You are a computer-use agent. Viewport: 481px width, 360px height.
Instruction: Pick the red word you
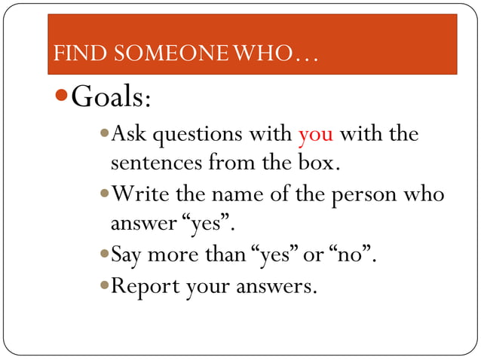click(316, 136)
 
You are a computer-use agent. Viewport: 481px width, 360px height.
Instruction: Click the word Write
click(140, 194)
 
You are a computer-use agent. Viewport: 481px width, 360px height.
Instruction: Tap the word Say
click(127, 256)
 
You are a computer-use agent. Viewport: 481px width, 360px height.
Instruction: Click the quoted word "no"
click(352, 256)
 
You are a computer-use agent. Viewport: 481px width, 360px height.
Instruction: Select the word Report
click(145, 286)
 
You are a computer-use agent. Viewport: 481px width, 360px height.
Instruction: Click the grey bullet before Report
click(104, 285)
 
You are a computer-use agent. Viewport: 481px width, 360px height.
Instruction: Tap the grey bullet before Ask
click(104, 135)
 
